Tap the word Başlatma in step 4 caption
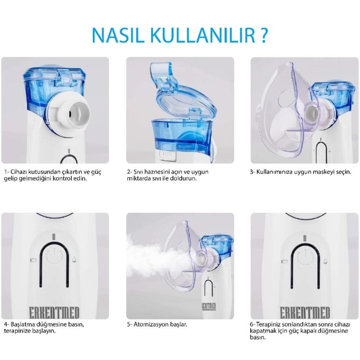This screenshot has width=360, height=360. [23, 324]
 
